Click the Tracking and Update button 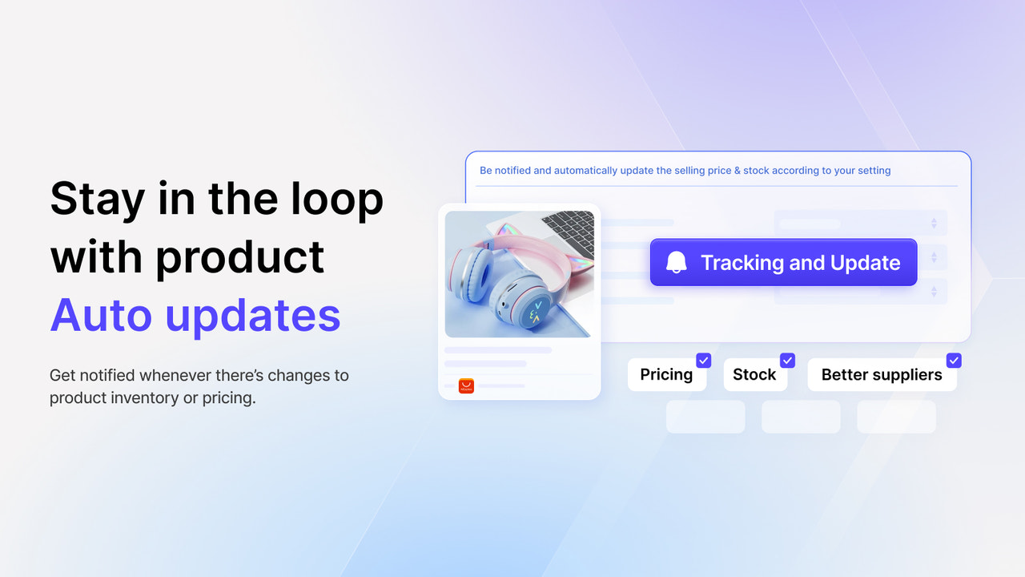pyautogui.click(x=783, y=262)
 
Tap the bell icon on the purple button pyautogui.click(x=677, y=262)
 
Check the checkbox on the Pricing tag pyautogui.click(x=703, y=361)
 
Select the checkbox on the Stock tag pyautogui.click(x=787, y=361)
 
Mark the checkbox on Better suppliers pyautogui.click(x=954, y=361)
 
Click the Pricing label pyautogui.click(x=666, y=374)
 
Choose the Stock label pyautogui.click(x=754, y=374)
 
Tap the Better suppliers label pyautogui.click(x=882, y=374)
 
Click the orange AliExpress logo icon pyautogui.click(x=466, y=386)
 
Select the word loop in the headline pyautogui.click(x=337, y=199)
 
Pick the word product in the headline pyautogui.click(x=239, y=258)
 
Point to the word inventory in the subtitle pyautogui.click(x=141, y=398)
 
